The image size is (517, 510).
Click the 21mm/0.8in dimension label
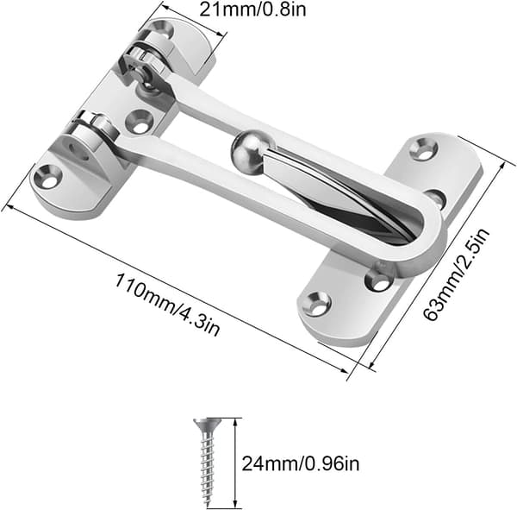coord(252,9)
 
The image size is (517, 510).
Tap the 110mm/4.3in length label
coord(167,305)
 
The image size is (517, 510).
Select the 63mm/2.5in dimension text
coord(457,274)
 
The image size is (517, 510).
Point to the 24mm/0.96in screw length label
coord(301,463)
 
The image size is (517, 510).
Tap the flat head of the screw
coord(208,424)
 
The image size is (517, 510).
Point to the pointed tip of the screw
coord(208,505)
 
